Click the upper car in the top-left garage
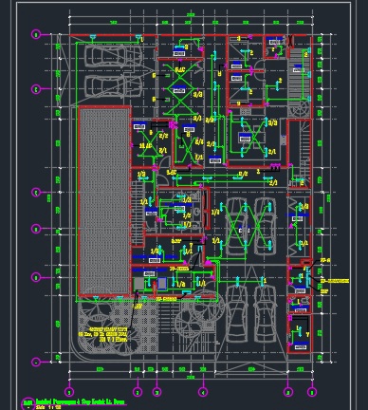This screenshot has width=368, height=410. [109, 57]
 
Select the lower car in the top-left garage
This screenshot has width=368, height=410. [109, 86]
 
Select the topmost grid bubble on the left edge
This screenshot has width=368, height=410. [36, 35]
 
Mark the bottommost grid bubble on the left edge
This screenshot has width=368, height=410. [36, 361]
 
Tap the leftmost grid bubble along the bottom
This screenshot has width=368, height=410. [68, 391]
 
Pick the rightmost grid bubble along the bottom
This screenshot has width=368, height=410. [314, 391]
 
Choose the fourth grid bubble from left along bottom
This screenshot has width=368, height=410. [202, 391]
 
